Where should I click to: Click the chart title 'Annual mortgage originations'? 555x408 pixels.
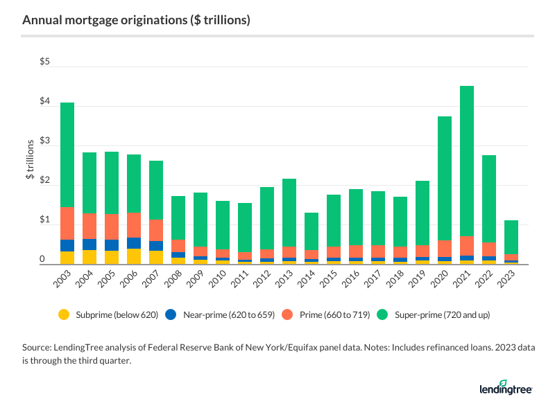136,20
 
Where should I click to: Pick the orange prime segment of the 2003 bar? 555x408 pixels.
67,223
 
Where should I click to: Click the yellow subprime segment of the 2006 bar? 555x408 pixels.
134,256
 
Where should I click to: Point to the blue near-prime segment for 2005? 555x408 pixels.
112,245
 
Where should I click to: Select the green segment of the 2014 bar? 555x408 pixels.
311,231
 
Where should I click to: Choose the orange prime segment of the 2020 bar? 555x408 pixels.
444,249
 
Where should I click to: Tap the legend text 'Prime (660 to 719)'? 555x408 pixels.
323,314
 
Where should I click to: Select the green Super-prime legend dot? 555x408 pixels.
382,314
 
